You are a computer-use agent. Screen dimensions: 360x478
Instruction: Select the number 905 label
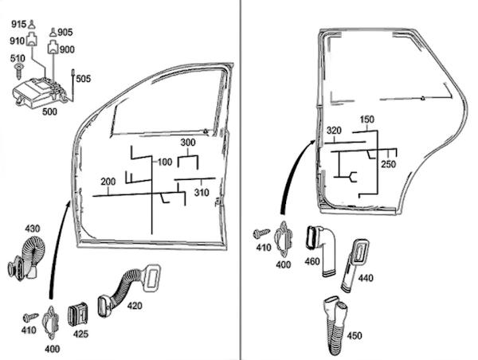[x=65, y=33]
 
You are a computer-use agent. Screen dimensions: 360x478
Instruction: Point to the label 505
[x=84, y=79]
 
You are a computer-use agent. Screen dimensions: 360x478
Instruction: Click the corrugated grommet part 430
[x=25, y=259]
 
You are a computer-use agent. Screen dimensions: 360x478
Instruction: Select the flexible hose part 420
[x=127, y=289]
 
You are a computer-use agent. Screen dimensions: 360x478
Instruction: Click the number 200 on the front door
[x=109, y=181]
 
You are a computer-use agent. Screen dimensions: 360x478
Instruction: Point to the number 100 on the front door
[x=165, y=162]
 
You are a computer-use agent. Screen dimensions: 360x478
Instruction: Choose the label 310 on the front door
[x=202, y=193]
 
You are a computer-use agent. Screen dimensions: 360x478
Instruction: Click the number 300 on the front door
[x=188, y=143]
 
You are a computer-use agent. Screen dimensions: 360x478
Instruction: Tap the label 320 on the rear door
[x=334, y=131]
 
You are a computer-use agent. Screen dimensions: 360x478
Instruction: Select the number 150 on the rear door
[x=366, y=119]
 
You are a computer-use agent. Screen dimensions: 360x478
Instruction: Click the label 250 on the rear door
[x=389, y=164]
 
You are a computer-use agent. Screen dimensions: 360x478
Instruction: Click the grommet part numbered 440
[x=355, y=267]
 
